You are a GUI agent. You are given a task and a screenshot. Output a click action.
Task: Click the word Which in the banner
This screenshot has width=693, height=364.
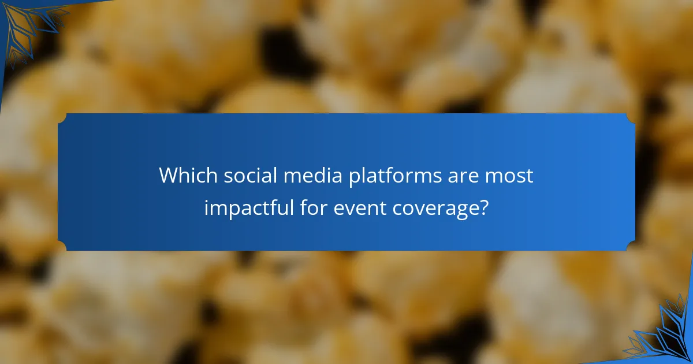(x=182, y=176)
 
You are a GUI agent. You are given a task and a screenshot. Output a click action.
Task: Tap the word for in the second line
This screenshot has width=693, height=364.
(x=315, y=207)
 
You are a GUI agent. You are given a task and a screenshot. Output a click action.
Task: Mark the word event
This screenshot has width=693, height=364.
(x=360, y=207)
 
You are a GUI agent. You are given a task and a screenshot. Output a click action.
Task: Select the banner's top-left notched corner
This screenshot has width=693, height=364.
(x=62, y=117)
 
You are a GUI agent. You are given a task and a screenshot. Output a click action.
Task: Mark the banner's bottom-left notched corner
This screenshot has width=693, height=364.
(x=62, y=247)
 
